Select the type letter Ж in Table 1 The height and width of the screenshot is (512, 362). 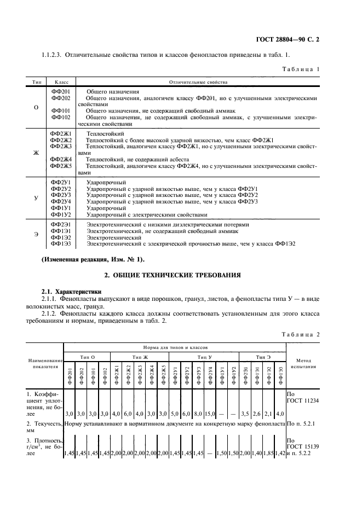[x=36, y=153]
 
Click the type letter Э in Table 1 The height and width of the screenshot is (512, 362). [x=36, y=234]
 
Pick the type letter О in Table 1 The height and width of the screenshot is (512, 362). [x=36, y=107]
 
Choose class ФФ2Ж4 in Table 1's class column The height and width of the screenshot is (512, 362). [x=61, y=160]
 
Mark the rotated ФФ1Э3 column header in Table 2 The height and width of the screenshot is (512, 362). [x=280, y=374]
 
